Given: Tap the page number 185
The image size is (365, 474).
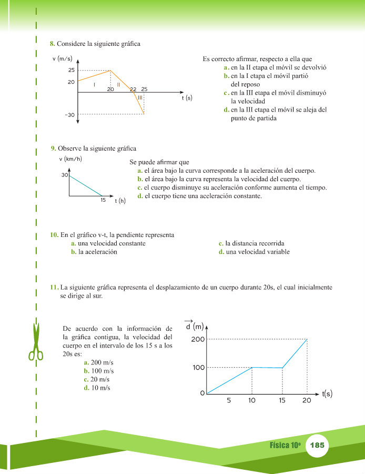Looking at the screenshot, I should [x=318, y=445].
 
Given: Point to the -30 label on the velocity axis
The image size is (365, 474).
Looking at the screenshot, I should [x=70, y=115].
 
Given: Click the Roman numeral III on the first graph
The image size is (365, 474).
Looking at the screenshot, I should [x=140, y=97].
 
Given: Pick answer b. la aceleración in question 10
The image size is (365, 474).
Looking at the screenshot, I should [x=94, y=252].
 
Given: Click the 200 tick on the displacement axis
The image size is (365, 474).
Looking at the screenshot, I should [x=198, y=339].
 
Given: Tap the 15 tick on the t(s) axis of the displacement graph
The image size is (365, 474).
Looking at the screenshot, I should [x=282, y=401].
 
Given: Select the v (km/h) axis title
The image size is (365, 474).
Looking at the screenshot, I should [x=70, y=159].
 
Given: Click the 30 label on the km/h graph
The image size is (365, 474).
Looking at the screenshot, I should [x=65, y=175].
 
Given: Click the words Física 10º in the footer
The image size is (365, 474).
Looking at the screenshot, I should [x=285, y=445].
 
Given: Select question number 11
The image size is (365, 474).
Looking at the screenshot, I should [x=54, y=288].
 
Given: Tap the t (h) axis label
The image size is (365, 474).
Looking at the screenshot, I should [x=120, y=201].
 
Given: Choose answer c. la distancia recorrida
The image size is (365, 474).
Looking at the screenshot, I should [x=251, y=244].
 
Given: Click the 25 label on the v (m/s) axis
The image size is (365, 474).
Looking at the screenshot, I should [x=71, y=70].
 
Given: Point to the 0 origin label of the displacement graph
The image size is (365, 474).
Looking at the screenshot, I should [x=202, y=393].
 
